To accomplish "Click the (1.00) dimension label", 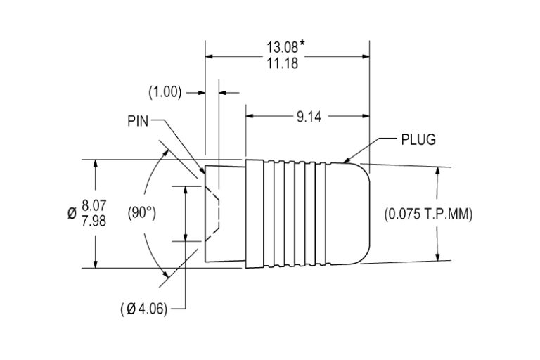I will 165,92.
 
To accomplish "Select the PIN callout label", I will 138,120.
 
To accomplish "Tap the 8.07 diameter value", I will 94,206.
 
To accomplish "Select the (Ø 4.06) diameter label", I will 143,309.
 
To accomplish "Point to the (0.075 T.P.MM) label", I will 429,214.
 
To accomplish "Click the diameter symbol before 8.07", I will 72,214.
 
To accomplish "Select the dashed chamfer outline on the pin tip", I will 217,214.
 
